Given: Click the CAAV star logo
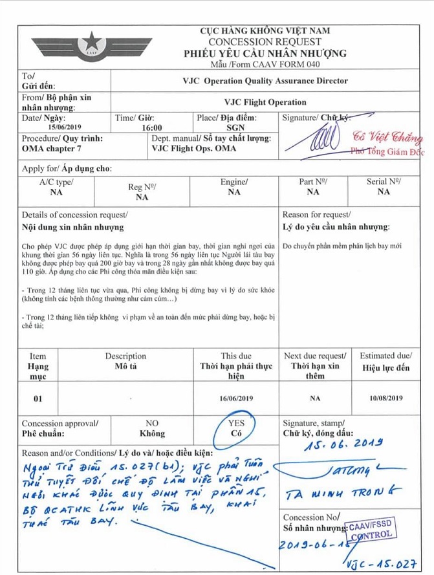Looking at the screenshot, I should coord(89,45).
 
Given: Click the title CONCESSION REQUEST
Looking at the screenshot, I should coord(265,42).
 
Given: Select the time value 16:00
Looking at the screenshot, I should coord(152,128).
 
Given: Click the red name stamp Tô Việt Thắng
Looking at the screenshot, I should coord(387,138).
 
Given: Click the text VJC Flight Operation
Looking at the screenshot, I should coord(265,102).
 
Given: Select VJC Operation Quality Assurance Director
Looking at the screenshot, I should coord(265,81).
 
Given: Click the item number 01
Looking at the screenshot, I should coord(38,398).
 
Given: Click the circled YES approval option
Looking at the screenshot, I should coord(236,428).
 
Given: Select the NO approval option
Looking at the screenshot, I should coord(152,428).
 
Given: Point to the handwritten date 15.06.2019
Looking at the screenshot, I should coord(343,445).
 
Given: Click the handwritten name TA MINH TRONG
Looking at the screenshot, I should coord(347,495).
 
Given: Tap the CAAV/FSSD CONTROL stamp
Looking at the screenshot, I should coord(367,532).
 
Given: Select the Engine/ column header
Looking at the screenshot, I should coord(234,182).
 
